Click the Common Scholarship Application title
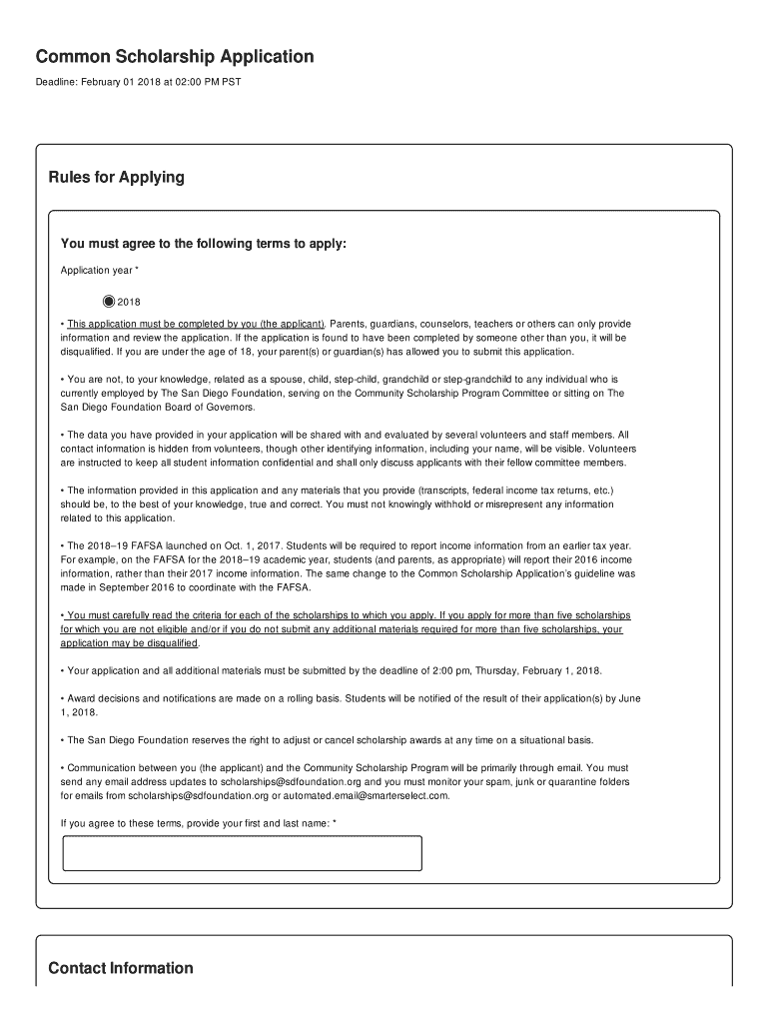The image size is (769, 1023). tap(175, 57)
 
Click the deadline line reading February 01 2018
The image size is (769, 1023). tap(138, 81)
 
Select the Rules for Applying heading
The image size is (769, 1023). tap(116, 178)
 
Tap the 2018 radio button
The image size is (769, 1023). tap(109, 302)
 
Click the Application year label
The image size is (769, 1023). tap(99, 271)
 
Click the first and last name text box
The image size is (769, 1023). tap(242, 853)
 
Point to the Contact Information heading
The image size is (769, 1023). tap(121, 968)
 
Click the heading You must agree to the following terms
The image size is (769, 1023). tap(204, 244)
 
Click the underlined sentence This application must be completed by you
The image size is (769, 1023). tap(196, 324)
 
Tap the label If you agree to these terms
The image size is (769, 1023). tap(198, 822)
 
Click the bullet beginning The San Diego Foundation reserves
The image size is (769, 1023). tap(330, 740)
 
